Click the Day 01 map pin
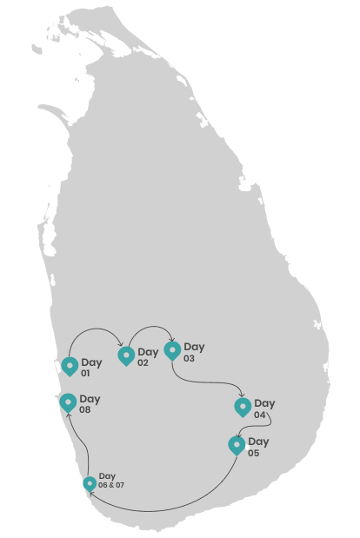[x=70, y=367]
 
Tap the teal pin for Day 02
[x=126, y=356]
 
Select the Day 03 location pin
[x=172, y=351]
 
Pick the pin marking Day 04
[x=243, y=408]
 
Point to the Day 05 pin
[x=237, y=446]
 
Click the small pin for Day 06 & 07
[x=90, y=484]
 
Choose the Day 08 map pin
[x=68, y=402]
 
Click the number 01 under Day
[x=85, y=373]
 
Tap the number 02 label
[x=143, y=362]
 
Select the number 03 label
[x=189, y=358]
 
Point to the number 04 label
[x=260, y=415]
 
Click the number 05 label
[x=254, y=453]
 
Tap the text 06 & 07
[x=111, y=485]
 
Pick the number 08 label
[x=84, y=409]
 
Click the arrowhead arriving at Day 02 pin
[x=121, y=344]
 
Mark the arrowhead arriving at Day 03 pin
[x=172, y=339]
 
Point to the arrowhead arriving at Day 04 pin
[x=242, y=395]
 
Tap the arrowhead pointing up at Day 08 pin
[x=69, y=415]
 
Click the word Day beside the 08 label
[x=90, y=400]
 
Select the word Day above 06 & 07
[x=107, y=476]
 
